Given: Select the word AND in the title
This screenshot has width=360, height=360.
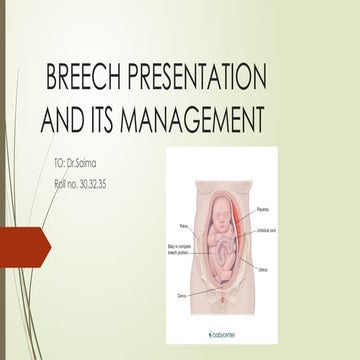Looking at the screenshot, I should point(66,121).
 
